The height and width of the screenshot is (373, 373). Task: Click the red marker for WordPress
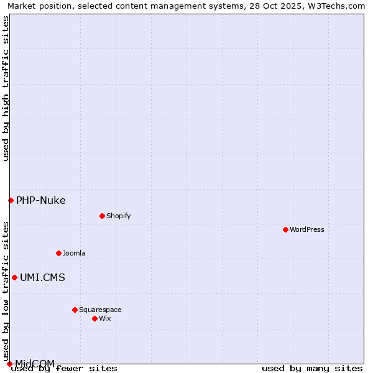point(285,229)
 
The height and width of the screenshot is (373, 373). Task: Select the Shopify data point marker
point(102,216)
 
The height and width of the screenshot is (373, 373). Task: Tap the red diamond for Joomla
point(58,253)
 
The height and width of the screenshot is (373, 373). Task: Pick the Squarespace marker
point(75,310)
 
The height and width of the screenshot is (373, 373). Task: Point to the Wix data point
point(94,318)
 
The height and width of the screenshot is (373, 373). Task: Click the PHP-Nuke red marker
point(11,200)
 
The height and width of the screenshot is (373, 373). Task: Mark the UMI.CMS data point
point(14,277)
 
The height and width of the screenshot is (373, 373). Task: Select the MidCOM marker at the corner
point(9,364)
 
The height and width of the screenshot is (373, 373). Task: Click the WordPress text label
point(307,229)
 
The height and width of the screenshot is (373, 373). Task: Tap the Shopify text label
point(118,216)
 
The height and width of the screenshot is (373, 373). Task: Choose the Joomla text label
point(74,253)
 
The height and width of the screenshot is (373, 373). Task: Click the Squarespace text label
point(100,310)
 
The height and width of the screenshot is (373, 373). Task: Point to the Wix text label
point(105,318)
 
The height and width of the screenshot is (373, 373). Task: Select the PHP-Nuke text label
point(40,200)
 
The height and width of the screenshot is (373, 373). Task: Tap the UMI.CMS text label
point(42,277)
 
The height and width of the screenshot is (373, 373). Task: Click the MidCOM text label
point(35,363)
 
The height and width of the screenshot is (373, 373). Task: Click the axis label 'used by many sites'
point(312,368)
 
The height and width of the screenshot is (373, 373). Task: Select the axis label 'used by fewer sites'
point(65,368)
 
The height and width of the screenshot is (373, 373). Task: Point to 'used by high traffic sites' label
point(6,88)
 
